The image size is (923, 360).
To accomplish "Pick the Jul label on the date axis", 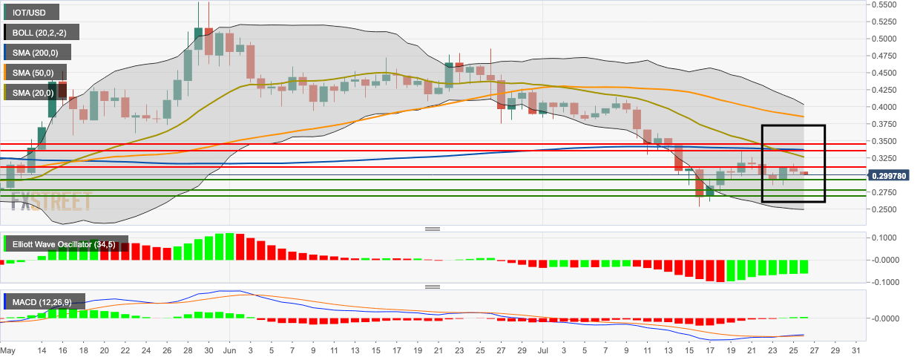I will pos(542,350).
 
